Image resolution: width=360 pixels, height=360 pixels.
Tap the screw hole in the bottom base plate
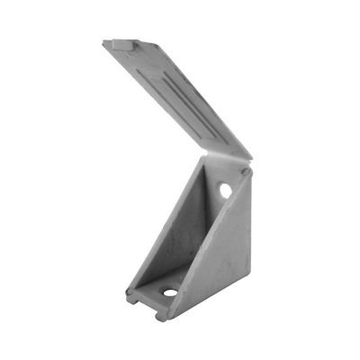(168, 292)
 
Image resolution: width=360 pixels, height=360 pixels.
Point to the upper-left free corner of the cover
(106, 41)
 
